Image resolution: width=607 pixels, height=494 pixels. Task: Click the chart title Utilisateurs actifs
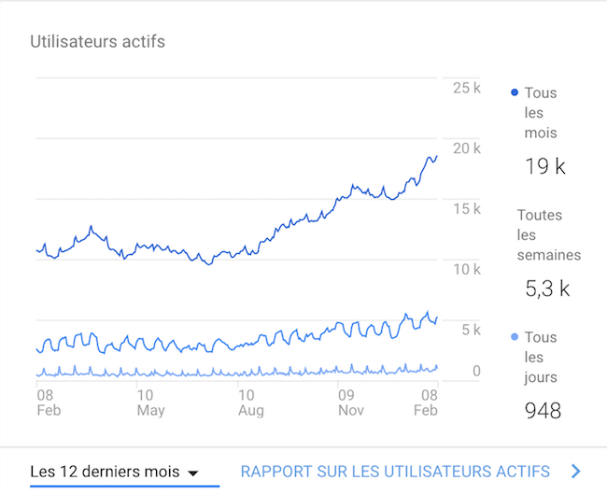(98, 42)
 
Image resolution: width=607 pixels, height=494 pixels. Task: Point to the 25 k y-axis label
(466, 88)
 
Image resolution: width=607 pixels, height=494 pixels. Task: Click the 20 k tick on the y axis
(466, 148)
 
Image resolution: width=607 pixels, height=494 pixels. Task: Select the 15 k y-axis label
(466, 209)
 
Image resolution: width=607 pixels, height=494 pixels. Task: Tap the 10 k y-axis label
(466, 270)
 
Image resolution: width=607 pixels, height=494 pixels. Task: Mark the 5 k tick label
(470, 330)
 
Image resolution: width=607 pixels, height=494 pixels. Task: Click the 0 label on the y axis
(476, 372)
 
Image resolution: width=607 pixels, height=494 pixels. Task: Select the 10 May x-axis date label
(150, 402)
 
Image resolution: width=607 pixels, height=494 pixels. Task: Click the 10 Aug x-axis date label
(251, 402)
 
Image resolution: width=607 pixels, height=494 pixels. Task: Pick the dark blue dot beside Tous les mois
(515, 92)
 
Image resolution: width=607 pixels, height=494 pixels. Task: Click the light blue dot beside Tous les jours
(515, 337)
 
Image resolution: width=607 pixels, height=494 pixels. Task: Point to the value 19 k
(545, 167)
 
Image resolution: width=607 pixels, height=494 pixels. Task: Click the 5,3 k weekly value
(547, 289)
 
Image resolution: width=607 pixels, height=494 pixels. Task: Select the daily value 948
(543, 410)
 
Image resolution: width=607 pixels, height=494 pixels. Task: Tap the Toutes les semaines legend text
(549, 234)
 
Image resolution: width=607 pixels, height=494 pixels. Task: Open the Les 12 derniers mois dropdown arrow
(193, 473)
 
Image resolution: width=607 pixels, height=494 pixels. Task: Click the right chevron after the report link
(576, 472)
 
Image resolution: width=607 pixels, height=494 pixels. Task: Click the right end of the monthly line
(436, 157)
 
